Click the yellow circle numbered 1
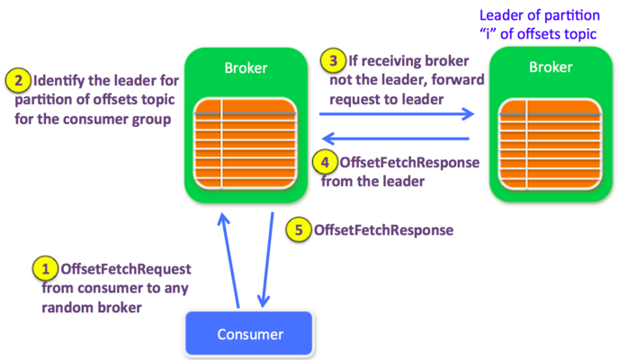pyautogui.click(x=45, y=268)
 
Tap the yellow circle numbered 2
pyautogui.click(x=18, y=80)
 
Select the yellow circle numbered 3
pyautogui.click(x=333, y=61)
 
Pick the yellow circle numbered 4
pyautogui.click(x=325, y=162)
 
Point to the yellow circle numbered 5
pyautogui.click(x=299, y=229)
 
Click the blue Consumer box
pyautogui.click(x=249, y=334)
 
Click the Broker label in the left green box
pyautogui.click(x=246, y=67)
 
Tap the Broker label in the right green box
pyautogui.click(x=551, y=67)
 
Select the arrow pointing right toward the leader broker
pyautogui.click(x=397, y=114)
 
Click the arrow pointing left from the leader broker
pyautogui.click(x=396, y=139)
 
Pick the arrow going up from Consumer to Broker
pyautogui.click(x=229, y=260)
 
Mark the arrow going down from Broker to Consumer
pyautogui.click(x=267, y=260)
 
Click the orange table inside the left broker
pyautogui.click(x=245, y=143)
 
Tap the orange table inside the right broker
pyautogui.click(x=551, y=144)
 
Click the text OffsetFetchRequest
pyautogui.click(x=126, y=269)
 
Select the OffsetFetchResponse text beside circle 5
pyautogui.click(x=383, y=230)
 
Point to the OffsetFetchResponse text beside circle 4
pyautogui.click(x=409, y=162)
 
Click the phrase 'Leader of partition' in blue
pyautogui.click(x=540, y=15)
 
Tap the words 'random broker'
pyautogui.click(x=92, y=308)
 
